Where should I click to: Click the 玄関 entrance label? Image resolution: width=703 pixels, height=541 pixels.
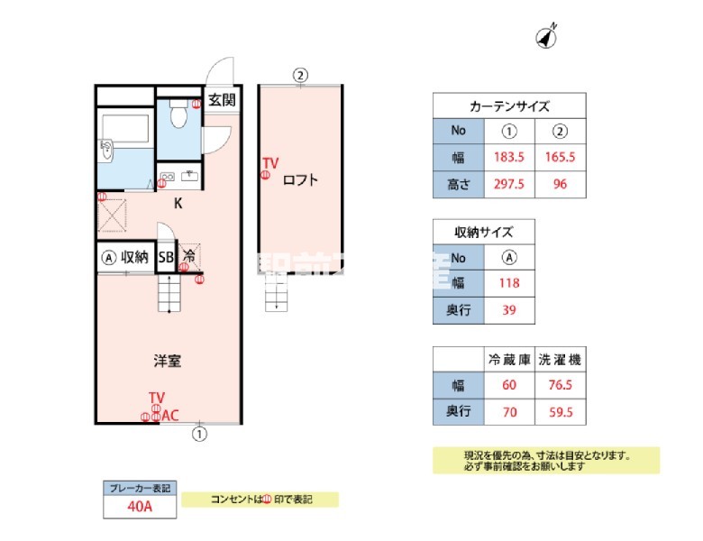pos(222,99)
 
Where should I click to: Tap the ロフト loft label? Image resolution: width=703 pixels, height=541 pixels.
pos(300,179)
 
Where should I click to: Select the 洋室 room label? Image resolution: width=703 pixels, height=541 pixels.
pos(167,362)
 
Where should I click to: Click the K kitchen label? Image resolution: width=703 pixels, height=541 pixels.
pos(178,203)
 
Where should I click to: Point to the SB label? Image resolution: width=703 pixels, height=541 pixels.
pos(166,257)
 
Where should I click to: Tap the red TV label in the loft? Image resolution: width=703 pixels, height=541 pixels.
pos(270,163)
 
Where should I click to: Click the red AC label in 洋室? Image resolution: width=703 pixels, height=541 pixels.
pos(170,416)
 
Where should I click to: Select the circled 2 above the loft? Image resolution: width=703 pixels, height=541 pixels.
pos(301,75)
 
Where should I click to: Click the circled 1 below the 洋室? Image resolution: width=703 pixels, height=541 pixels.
pos(199,434)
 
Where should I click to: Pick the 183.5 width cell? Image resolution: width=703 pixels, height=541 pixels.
pos(509,157)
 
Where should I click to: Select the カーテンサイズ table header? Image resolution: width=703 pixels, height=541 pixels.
pos(510,105)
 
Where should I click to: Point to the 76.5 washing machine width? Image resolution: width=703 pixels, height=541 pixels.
pos(561,385)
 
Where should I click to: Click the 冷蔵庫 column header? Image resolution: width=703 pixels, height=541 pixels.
pos(509,359)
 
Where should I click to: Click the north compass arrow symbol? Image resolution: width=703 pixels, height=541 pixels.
pos(547,37)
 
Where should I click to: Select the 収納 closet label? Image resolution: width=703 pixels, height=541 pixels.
pos(135,257)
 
